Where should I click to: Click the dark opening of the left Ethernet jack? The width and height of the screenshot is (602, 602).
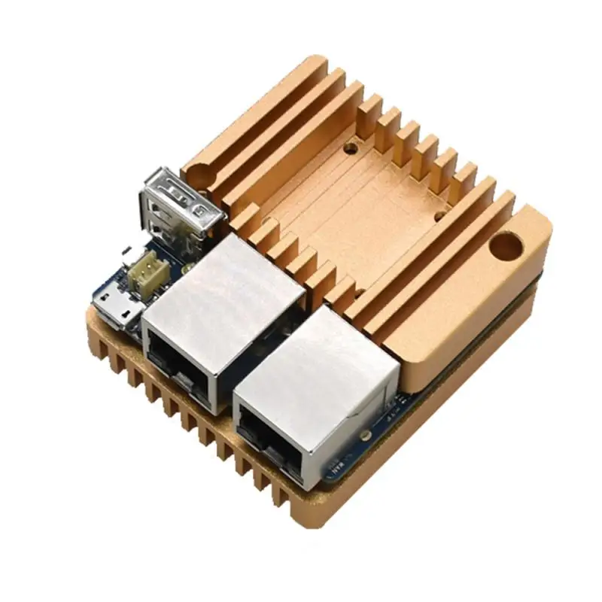178,366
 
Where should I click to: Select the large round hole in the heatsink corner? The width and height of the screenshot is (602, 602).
506,245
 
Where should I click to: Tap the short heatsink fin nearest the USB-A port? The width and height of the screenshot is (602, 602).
245,222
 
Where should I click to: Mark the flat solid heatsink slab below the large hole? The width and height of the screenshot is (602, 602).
467,301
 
